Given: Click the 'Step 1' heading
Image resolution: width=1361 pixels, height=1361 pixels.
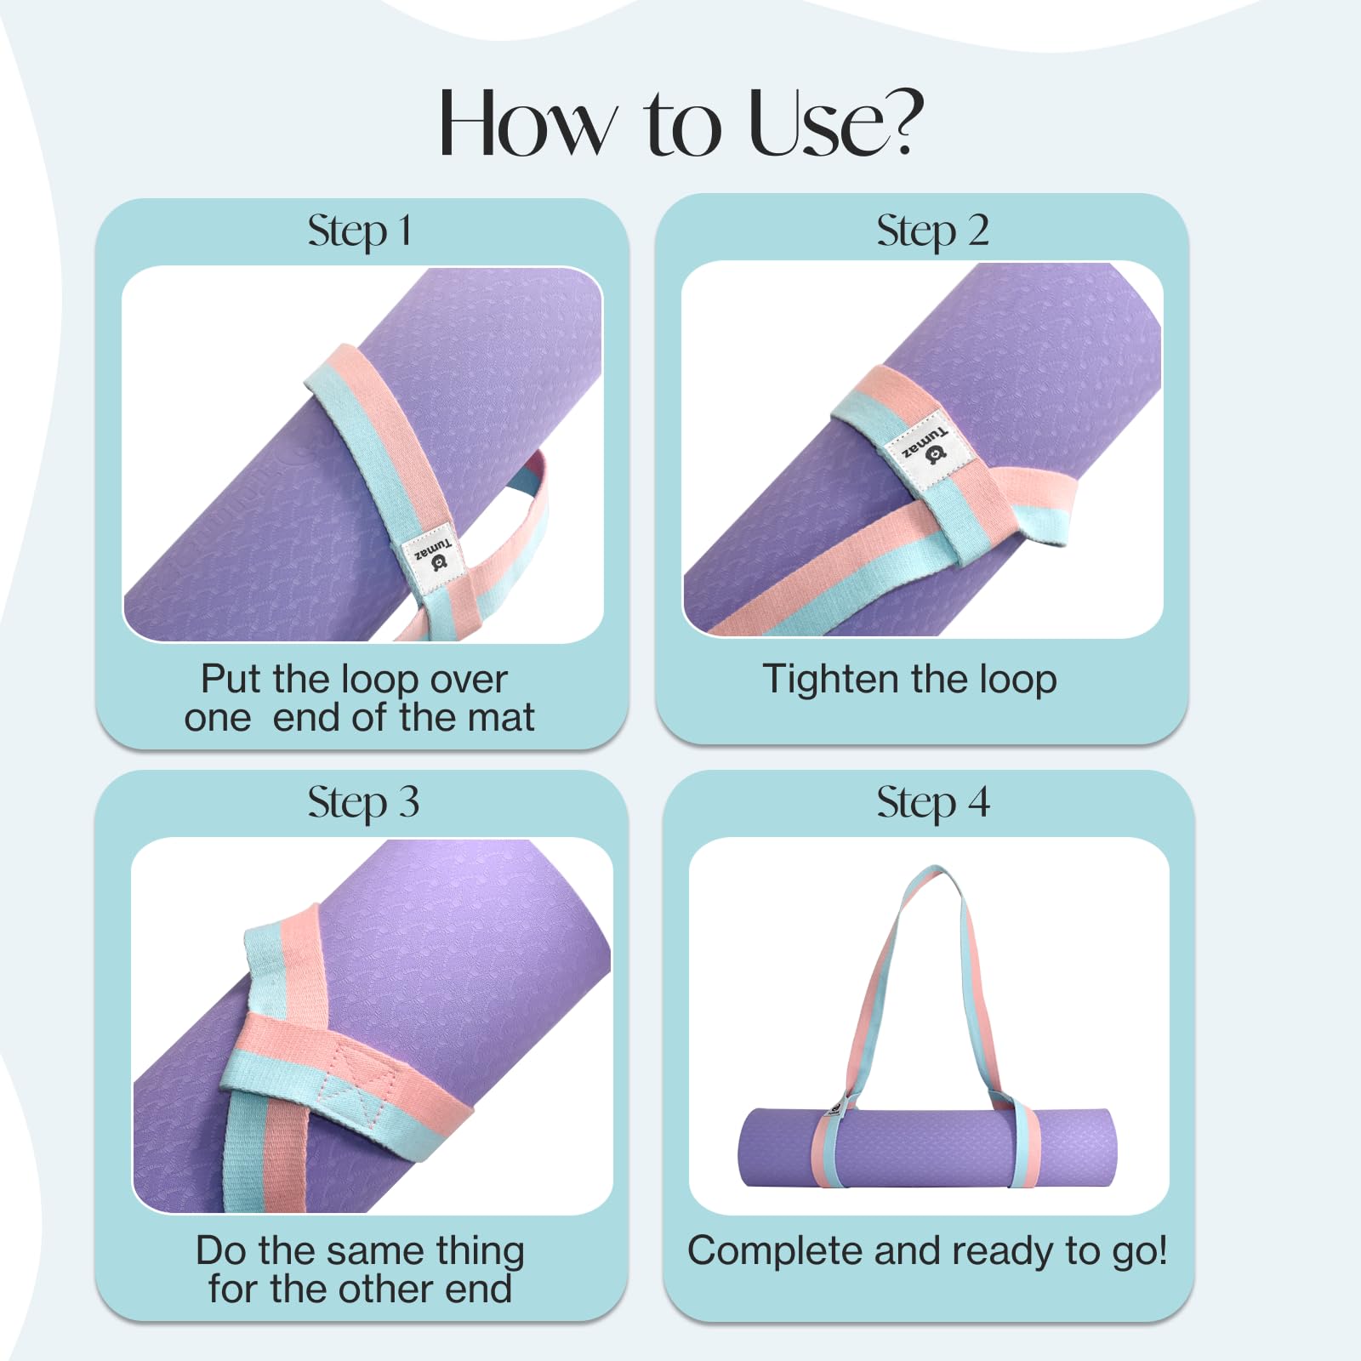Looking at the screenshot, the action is [360, 231].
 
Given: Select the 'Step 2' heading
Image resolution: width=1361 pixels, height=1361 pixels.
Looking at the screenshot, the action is [932, 231].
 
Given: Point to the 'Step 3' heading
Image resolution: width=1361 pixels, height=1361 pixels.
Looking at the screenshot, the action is [363, 802].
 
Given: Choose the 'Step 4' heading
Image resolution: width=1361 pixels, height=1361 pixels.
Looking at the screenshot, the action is [933, 802].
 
